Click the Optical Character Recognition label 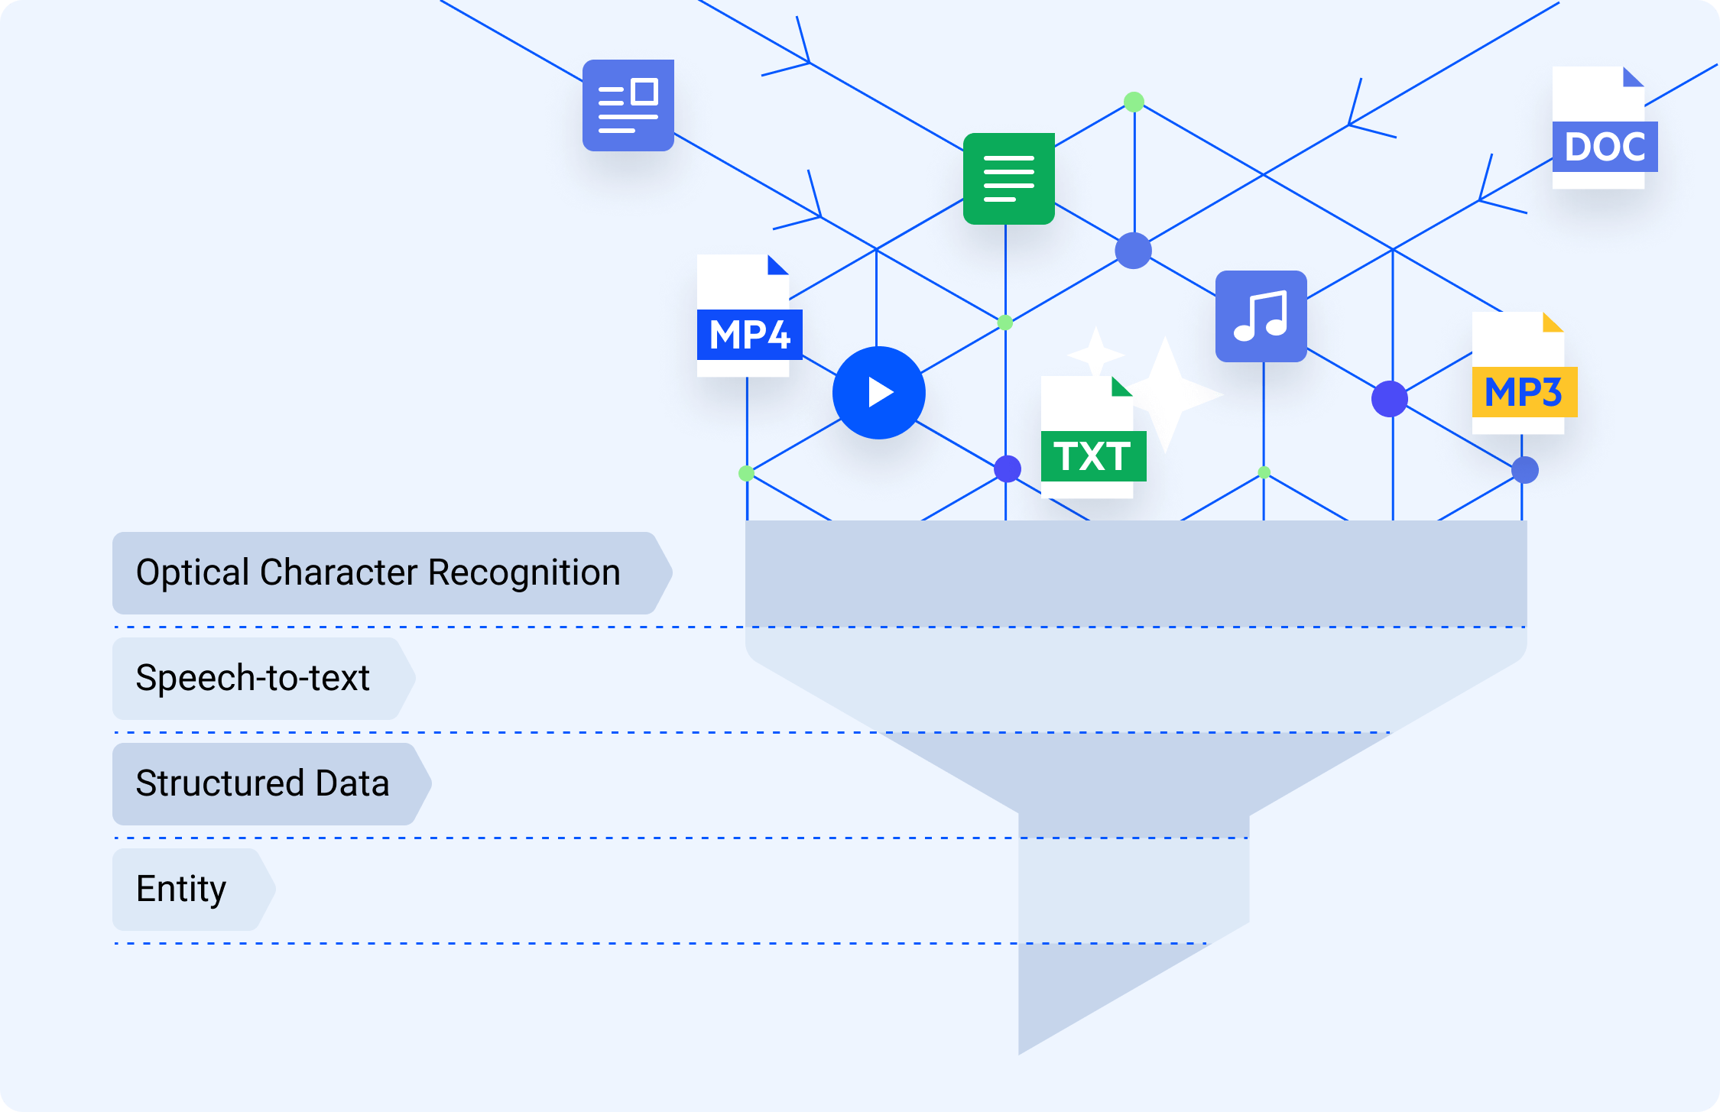(378, 573)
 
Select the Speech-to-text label (253, 678)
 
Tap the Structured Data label (263, 783)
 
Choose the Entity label (182, 889)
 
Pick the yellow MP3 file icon (1522, 374)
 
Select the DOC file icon (1602, 128)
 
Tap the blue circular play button (878, 393)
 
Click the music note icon (1261, 316)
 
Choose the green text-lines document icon (1009, 179)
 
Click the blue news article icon (628, 105)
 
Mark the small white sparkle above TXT (1095, 353)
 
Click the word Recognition (524, 573)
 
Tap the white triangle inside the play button (881, 393)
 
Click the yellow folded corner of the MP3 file (1552, 323)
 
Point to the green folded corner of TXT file (1121, 387)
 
